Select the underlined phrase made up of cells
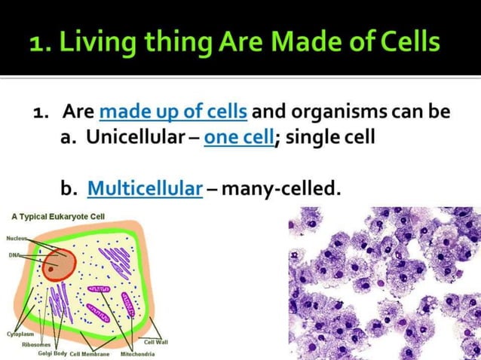[173, 112]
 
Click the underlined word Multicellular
[145, 188]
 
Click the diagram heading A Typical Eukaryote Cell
[58, 216]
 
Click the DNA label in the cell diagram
[14, 255]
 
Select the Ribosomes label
[36, 343]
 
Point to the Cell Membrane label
[90, 353]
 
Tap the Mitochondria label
[137, 353]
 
